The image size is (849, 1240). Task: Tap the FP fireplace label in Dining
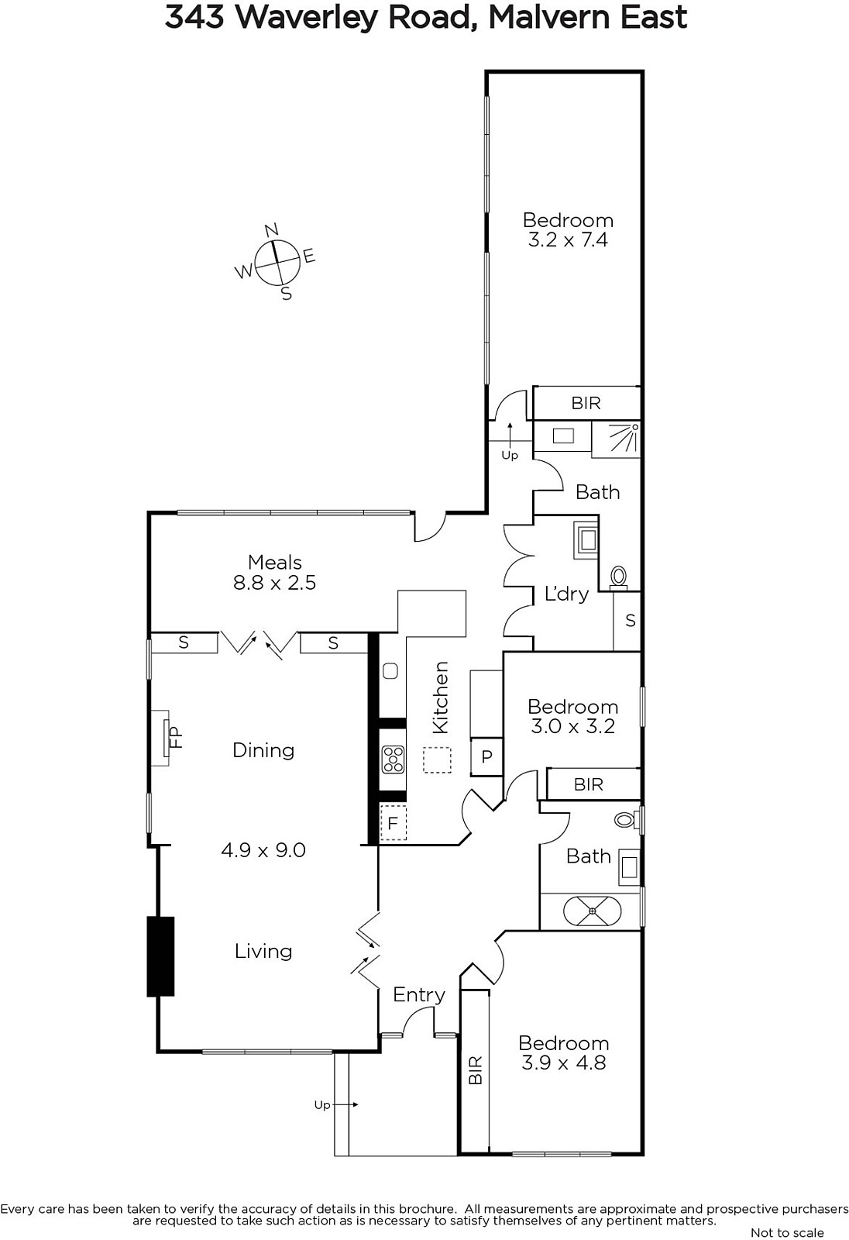pyautogui.click(x=175, y=738)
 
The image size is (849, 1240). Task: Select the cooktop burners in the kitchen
pyautogui.click(x=393, y=759)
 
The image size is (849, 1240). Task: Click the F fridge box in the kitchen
pyautogui.click(x=393, y=822)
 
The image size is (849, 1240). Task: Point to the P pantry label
pyautogui.click(x=487, y=756)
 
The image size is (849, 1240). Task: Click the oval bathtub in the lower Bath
pyautogui.click(x=592, y=911)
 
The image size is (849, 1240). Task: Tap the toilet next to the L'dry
pyautogui.click(x=618, y=577)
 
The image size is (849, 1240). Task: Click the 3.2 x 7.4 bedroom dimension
pyautogui.click(x=568, y=239)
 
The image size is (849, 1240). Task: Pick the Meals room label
pyautogui.click(x=274, y=562)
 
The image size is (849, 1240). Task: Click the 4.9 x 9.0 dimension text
pyautogui.click(x=263, y=849)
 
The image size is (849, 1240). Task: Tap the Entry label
pyautogui.click(x=419, y=995)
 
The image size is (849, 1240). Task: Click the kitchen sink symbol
pyautogui.click(x=390, y=671)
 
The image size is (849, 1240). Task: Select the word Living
pyautogui.click(x=263, y=951)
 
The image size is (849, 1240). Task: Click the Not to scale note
pyautogui.click(x=787, y=1233)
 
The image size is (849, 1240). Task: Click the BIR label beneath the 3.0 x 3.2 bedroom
pyautogui.click(x=588, y=784)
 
